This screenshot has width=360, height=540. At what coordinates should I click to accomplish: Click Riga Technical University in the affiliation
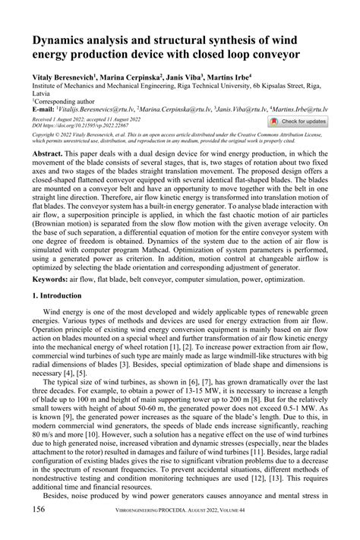point(203,87)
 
